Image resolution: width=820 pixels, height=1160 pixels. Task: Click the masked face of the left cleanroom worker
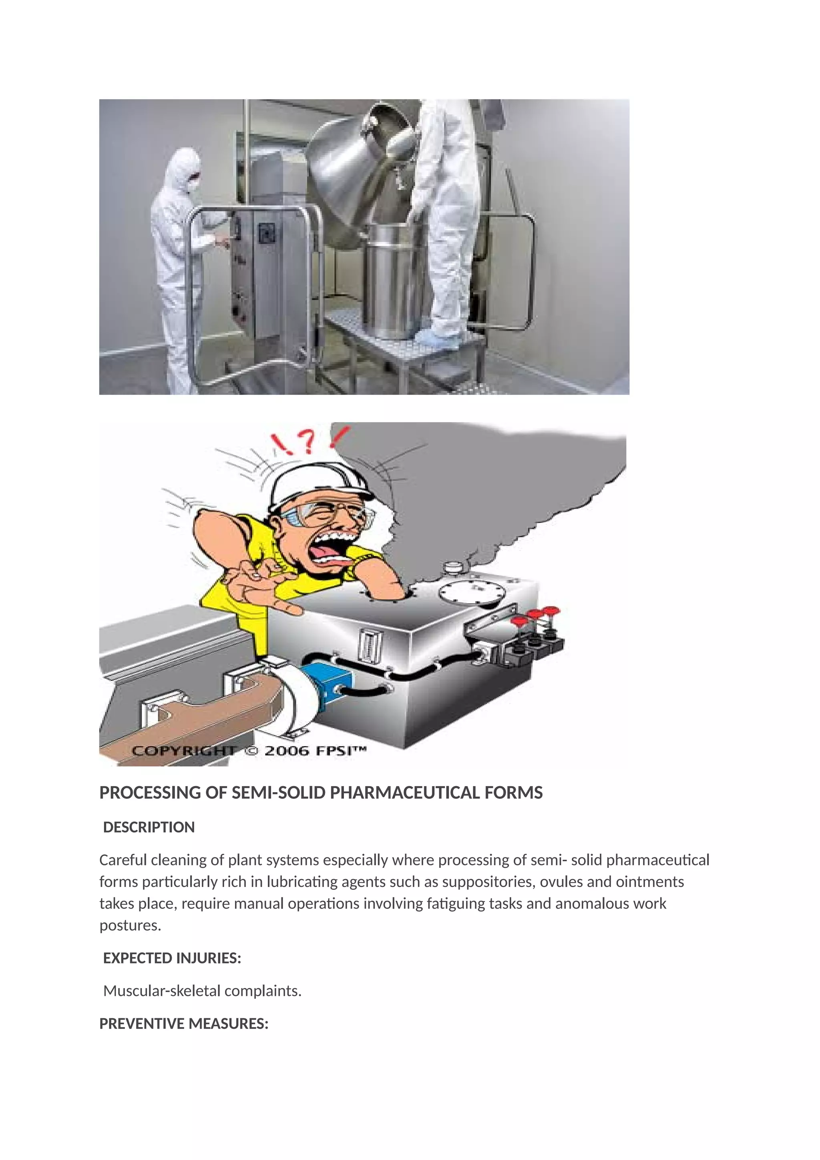coord(193,181)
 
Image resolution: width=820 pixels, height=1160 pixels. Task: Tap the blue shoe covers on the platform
coord(441,337)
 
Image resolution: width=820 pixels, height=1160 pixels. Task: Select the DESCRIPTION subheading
coord(149,827)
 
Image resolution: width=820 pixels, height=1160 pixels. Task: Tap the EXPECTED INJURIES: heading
coord(172,958)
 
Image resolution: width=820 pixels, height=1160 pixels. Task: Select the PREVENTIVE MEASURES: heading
coord(184,1024)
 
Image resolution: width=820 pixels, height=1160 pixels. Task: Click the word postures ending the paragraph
coord(129,926)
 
